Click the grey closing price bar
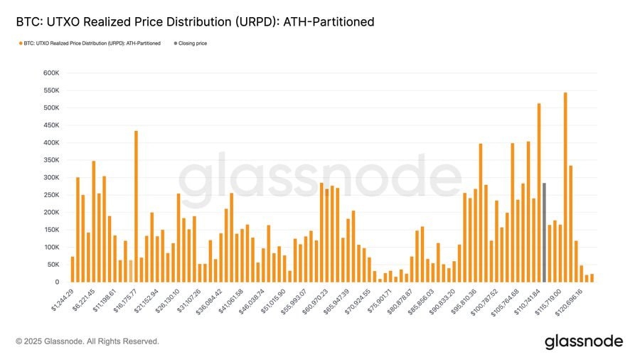pyautogui.click(x=544, y=233)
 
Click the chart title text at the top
pyautogui.click(x=195, y=23)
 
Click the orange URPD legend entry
pyautogui.click(x=92, y=43)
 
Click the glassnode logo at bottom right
pyautogui.click(x=583, y=342)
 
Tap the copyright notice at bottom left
pyautogui.click(x=87, y=342)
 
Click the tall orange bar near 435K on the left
pyautogui.click(x=136, y=206)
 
